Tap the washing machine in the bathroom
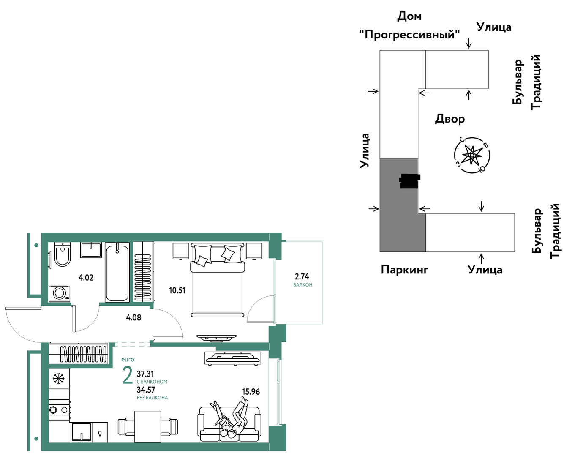(60, 294)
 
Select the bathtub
(117, 272)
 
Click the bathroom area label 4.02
(86, 278)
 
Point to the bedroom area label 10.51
(177, 290)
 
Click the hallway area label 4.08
(133, 317)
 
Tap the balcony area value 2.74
(302, 276)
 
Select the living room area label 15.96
(251, 392)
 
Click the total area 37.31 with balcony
(145, 374)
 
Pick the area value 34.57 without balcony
(146, 390)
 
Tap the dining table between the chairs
(148, 427)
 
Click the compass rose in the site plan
(472, 155)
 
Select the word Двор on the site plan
(450, 119)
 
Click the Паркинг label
(405, 270)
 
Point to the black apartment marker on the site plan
(410, 181)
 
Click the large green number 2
(127, 375)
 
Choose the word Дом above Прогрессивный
(409, 16)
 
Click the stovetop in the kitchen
(59, 410)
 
